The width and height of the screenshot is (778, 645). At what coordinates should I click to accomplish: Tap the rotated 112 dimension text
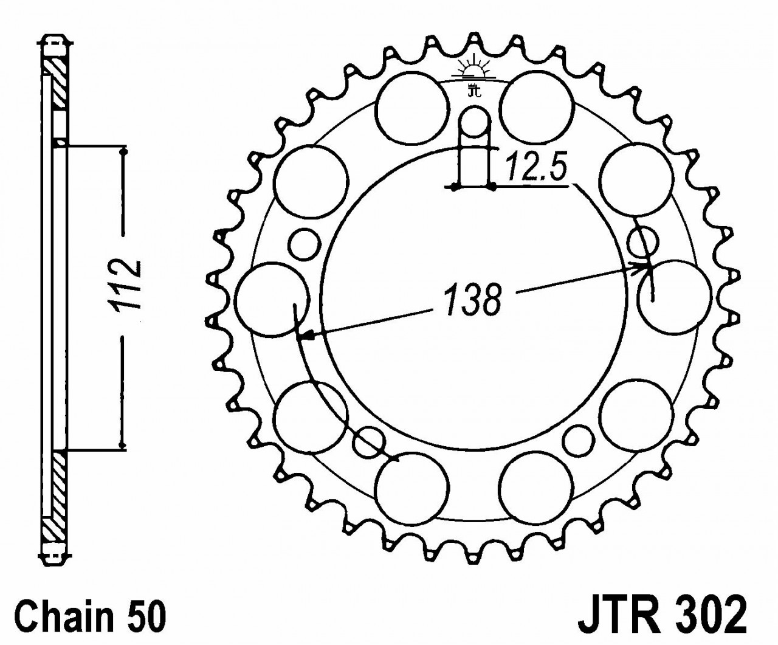click(126, 286)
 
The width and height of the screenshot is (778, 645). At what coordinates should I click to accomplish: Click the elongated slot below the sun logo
click(473, 146)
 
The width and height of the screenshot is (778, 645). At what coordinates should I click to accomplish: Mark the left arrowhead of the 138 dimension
click(310, 334)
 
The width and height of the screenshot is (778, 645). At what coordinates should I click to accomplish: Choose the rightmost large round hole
click(675, 296)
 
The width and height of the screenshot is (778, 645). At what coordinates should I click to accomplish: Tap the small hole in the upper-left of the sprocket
click(304, 244)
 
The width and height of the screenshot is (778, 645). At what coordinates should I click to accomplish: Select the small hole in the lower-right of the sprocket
click(578, 439)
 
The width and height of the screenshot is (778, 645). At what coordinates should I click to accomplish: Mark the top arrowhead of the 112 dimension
click(124, 152)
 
